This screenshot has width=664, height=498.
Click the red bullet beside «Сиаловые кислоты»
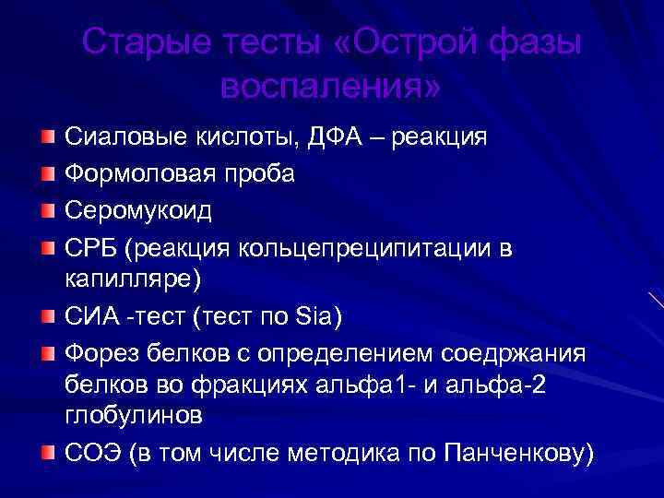pyautogui.click(x=47, y=137)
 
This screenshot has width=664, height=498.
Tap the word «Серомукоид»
pyautogui.click(x=138, y=210)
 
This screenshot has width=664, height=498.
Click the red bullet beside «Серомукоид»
pyautogui.click(x=47, y=210)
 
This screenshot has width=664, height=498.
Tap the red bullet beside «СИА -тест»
pyautogui.click(x=47, y=316)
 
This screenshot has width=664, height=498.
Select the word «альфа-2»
pyautogui.click(x=504, y=385)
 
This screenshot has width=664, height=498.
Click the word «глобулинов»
pyautogui.click(x=134, y=416)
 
